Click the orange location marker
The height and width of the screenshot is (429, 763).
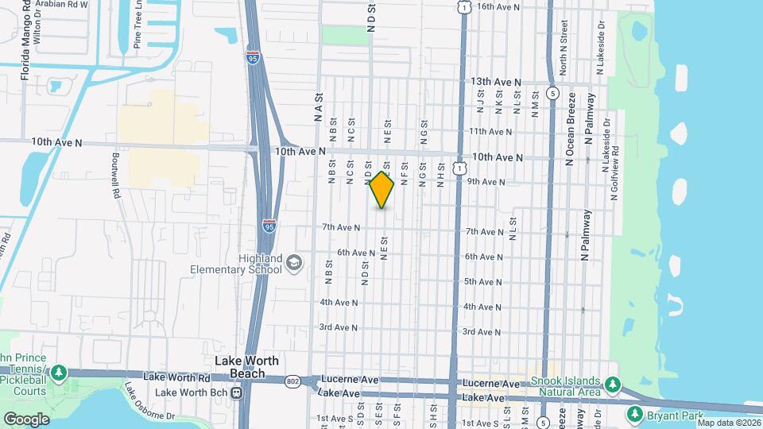coord(381,190)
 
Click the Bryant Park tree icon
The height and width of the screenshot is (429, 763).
coord(634,414)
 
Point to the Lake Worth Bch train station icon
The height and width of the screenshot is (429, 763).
coord(236,392)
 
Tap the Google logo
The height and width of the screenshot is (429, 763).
coord(26,419)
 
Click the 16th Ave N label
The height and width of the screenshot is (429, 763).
coord(498,6)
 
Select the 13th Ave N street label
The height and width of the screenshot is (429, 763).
coord(496,82)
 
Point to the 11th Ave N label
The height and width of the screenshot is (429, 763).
coord(490,132)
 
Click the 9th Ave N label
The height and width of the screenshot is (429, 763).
coord(486,182)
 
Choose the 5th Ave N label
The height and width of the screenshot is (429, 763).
coord(481,282)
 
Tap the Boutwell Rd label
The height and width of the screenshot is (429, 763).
coord(116,166)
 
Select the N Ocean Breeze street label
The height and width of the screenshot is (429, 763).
coord(570,129)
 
